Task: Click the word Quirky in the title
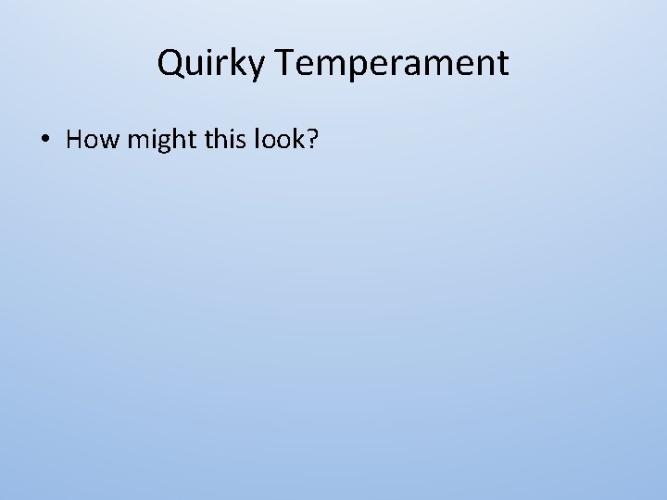[x=212, y=64]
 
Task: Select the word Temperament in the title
[x=392, y=64]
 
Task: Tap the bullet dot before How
[x=44, y=140]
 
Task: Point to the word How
[x=89, y=140]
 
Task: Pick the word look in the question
[x=280, y=140]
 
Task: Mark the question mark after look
[x=312, y=140]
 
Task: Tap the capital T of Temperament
[x=284, y=63]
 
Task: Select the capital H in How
[x=75, y=140]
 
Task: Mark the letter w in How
[x=104, y=141]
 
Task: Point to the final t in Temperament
[x=503, y=64]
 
